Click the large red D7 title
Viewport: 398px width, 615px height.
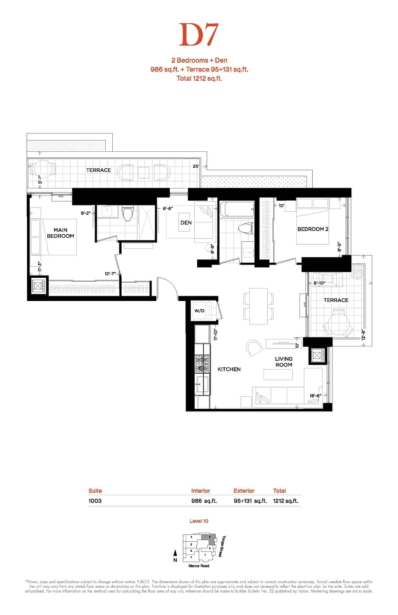199,35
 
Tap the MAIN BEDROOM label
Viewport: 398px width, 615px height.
61,233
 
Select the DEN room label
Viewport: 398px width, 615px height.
186,222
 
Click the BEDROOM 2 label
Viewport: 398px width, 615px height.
313,229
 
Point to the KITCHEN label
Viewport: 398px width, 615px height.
229,369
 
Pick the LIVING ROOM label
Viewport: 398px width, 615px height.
284,362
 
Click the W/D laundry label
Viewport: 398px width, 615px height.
199,311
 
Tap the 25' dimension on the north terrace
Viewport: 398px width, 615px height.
196,166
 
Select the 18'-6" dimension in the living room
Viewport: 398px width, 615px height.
316,396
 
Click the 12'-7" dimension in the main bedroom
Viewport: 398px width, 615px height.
110,274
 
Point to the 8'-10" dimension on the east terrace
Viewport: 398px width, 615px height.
319,283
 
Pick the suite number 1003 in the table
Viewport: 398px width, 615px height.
95,501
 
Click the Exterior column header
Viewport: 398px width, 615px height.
244,491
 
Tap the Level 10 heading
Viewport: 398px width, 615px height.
199,521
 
